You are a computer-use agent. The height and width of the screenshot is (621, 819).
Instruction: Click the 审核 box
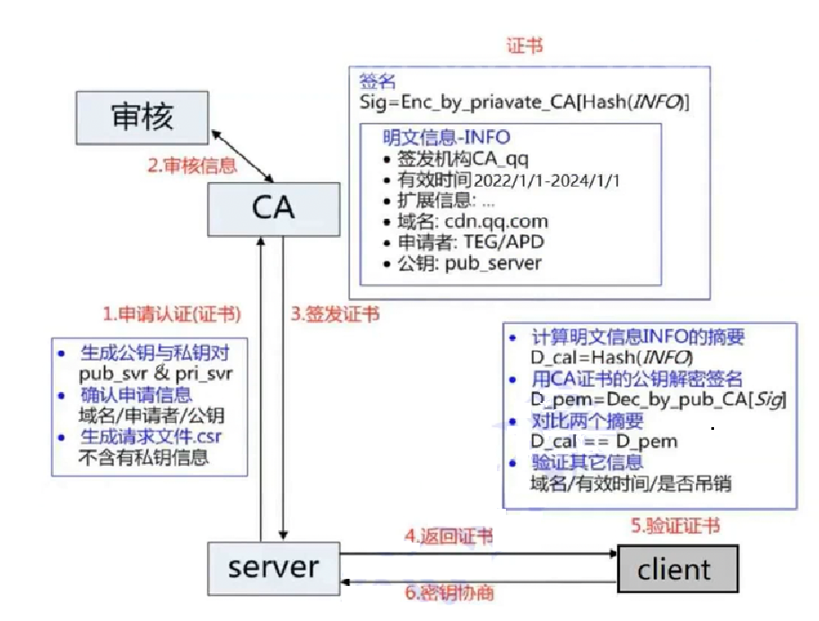[142, 117]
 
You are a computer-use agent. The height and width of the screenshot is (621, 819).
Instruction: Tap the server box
[273, 567]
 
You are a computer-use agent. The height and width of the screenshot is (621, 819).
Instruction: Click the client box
[676, 569]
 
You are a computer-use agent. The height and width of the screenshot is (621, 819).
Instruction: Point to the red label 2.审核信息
[192, 165]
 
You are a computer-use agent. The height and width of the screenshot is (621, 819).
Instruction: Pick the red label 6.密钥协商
[449, 593]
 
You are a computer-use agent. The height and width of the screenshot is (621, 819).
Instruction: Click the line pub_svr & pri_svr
[155, 372]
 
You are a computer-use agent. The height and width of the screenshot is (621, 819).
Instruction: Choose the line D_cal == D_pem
[603, 441]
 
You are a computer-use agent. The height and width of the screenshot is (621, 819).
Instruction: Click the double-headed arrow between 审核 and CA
[242, 154]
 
